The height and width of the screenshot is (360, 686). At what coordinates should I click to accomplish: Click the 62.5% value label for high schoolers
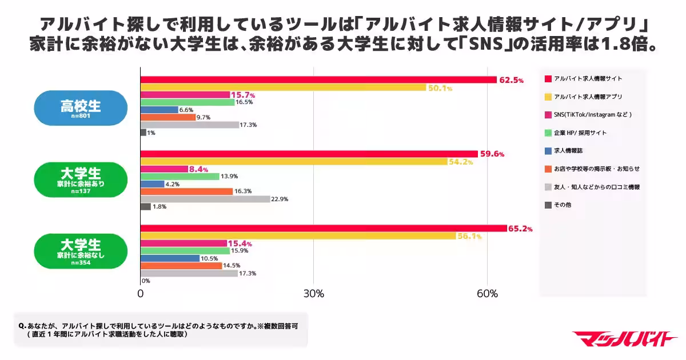(511, 81)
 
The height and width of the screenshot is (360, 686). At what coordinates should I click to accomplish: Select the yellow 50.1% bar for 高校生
(283, 87)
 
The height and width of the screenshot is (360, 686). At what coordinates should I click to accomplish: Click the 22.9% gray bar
(205, 199)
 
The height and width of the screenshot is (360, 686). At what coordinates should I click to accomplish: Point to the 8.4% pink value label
(198, 170)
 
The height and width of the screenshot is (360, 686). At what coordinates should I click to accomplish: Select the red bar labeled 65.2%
(324, 229)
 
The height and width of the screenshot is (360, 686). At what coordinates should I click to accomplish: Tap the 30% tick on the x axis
(313, 294)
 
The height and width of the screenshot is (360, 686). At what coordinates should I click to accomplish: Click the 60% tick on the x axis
(486, 294)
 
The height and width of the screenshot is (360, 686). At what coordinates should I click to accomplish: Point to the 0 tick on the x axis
(141, 294)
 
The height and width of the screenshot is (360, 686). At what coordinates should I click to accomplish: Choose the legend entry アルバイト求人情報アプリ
(583, 97)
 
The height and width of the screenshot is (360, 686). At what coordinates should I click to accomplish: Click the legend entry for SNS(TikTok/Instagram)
(589, 115)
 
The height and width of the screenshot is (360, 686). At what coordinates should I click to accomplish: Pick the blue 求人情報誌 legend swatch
(548, 151)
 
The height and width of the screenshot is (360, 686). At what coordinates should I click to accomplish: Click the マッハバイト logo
(624, 339)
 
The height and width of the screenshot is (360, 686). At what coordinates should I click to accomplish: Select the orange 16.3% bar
(186, 191)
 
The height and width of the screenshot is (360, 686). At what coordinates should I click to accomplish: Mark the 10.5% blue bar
(170, 258)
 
